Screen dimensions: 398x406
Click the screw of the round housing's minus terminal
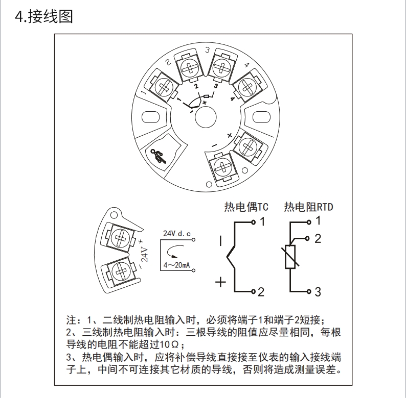pyautogui.click(x=222, y=166)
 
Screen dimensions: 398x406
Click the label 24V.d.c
pyautogui.click(x=176, y=233)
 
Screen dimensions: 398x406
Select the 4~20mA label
pyautogui.click(x=177, y=265)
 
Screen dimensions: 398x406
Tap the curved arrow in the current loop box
pyautogui.click(x=176, y=250)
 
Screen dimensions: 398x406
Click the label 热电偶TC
pyautogui.click(x=246, y=207)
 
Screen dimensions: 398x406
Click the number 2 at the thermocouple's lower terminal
pyautogui.click(x=260, y=292)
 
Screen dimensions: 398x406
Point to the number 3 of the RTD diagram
pyautogui.click(x=317, y=292)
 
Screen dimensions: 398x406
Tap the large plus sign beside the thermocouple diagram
pyautogui.click(x=221, y=282)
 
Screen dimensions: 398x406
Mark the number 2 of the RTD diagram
pyautogui.click(x=318, y=238)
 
